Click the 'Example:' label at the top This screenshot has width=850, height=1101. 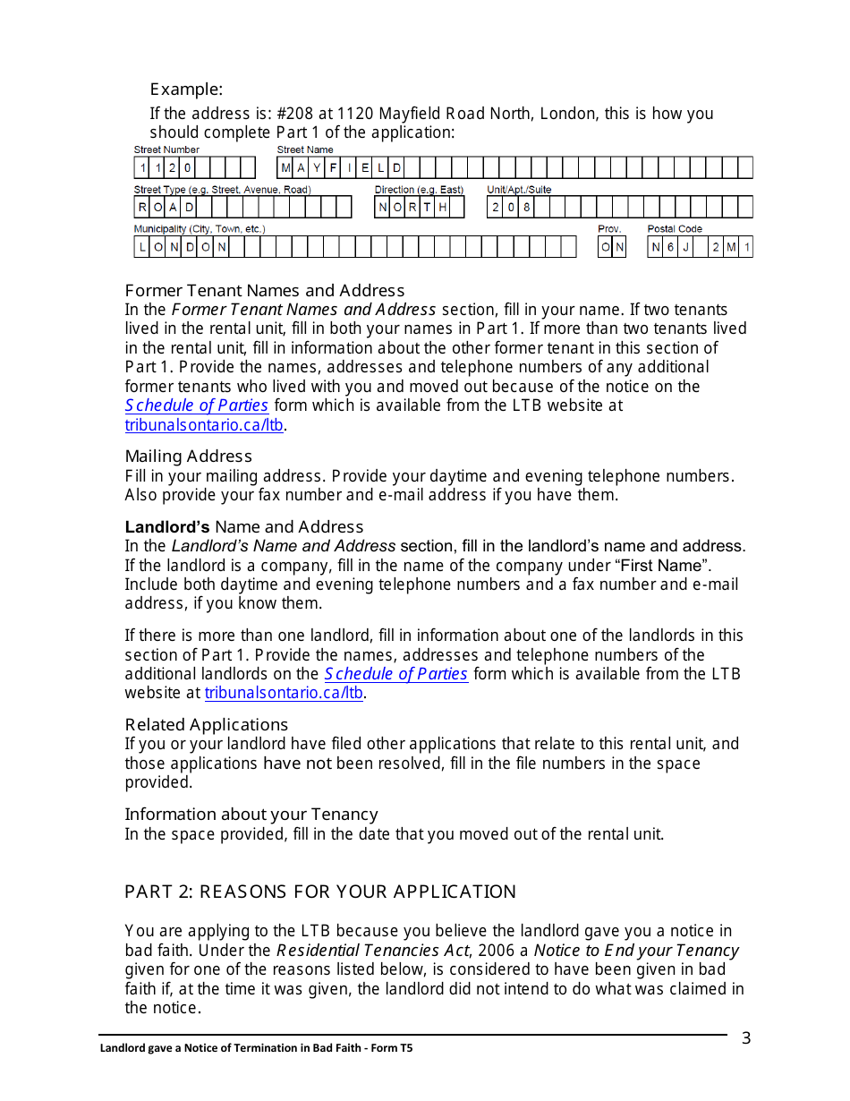[x=186, y=90]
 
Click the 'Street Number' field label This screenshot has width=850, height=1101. [x=166, y=149]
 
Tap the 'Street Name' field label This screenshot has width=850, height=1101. [x=304, y=149]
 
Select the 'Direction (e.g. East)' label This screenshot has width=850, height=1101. [x=419, y=190]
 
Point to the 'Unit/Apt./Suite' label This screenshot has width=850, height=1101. [x=519, y=190]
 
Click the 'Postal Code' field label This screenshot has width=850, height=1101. [x=675, y=229]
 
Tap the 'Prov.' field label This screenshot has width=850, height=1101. [x=609, y=229]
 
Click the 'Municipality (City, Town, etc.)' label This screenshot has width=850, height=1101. [x=200, y=229]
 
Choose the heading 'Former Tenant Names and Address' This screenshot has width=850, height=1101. [x=265, y=291]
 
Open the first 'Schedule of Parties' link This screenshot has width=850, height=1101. [x=197, y=405]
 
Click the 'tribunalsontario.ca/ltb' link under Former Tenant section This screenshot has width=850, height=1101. [x=205, y=425]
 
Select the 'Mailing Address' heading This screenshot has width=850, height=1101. [x=189, y=457]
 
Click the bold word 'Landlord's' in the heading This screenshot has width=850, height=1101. [x=167, y=527]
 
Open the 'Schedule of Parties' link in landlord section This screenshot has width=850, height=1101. [x=395, y=674]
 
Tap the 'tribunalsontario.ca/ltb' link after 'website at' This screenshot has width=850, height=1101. [x=284, y=693]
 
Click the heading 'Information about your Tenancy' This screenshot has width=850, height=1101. [x=251, y=815]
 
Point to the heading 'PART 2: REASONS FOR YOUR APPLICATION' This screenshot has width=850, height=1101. [x=320, y=892]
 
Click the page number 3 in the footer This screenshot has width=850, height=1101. [x=746, y=1038]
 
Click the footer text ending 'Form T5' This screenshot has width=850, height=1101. [x=256, y=1047]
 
